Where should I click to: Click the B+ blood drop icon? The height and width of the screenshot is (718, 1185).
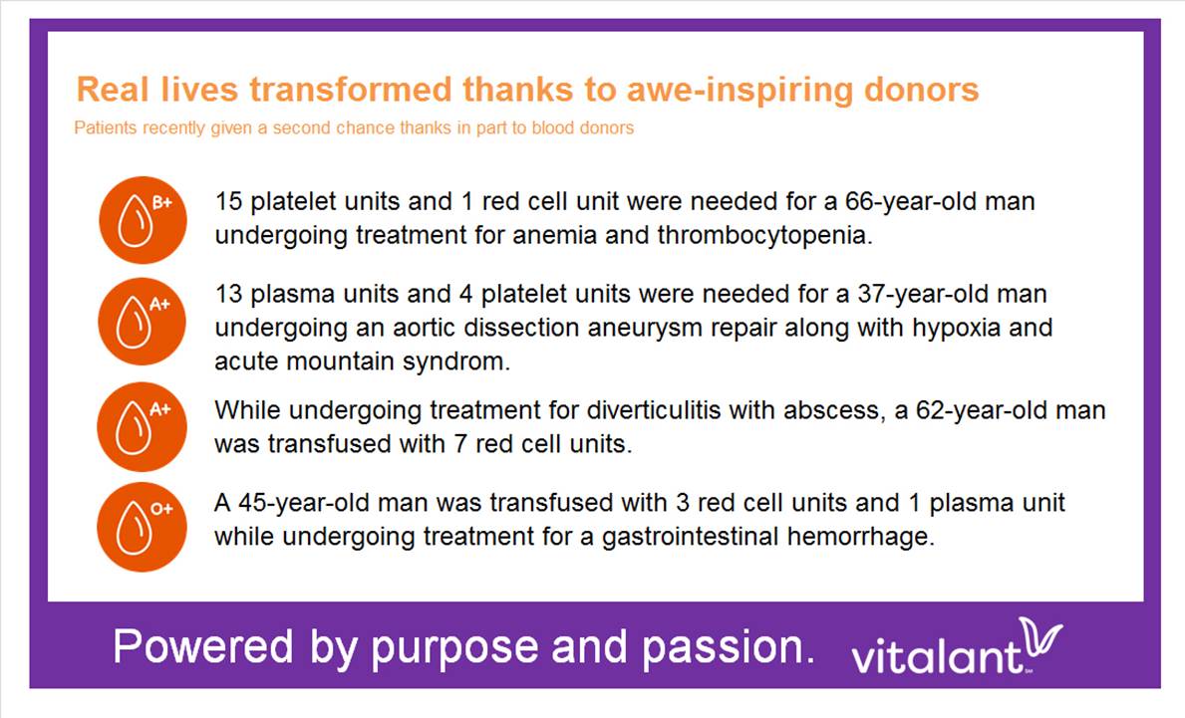(143, 220)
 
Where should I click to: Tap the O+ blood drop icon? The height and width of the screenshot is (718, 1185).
(143, 526)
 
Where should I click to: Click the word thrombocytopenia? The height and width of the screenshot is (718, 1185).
(764, 236)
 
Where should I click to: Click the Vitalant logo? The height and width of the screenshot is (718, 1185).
(957, 646)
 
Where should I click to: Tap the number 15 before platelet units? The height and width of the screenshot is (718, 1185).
(228, 201)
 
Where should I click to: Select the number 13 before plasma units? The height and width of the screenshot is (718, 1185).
(228, 294)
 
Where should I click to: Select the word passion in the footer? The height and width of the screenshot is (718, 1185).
(728, 648)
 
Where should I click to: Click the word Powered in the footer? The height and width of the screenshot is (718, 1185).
(203, 647)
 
